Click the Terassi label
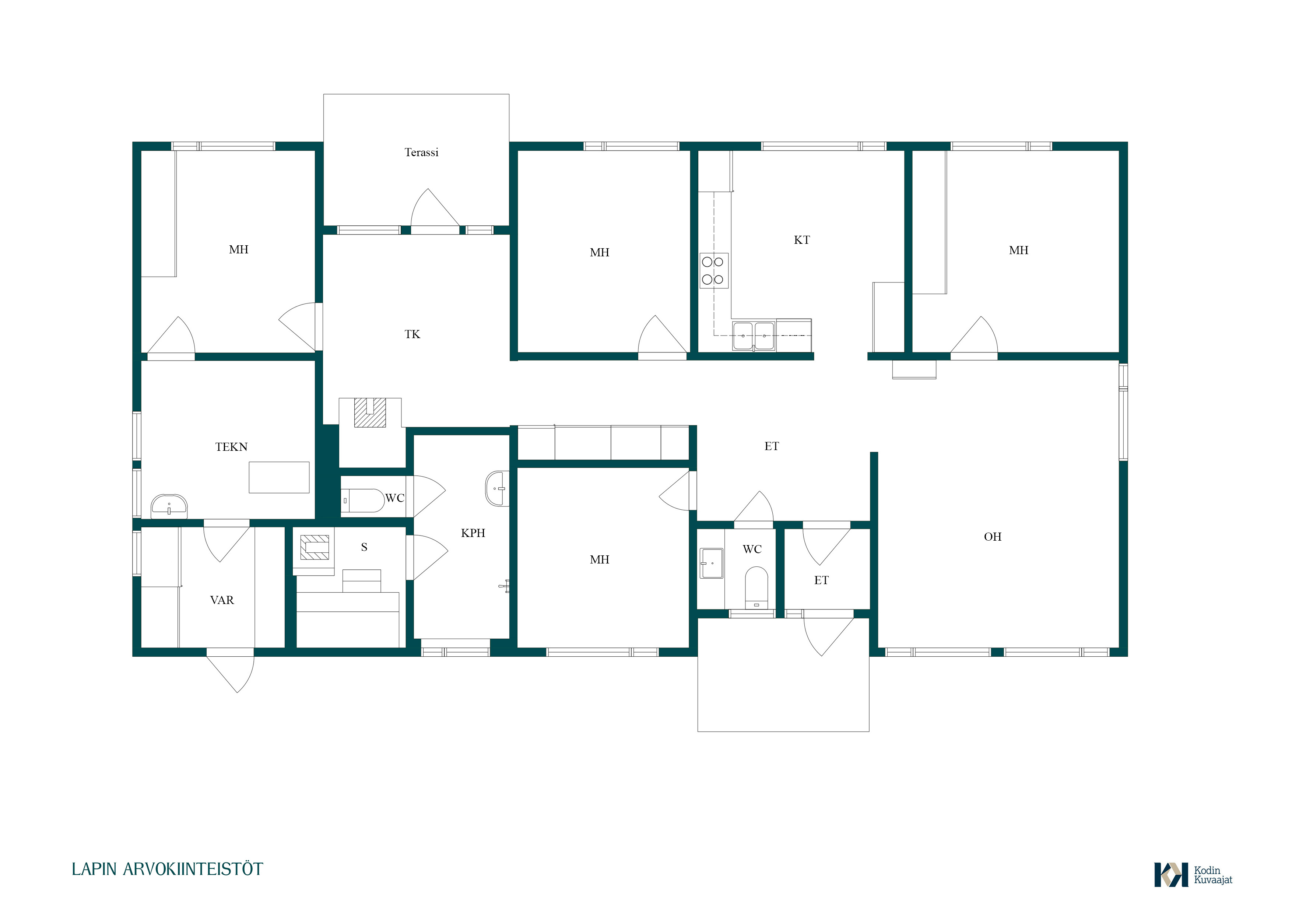421,152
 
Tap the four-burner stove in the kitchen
713,271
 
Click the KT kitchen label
802,240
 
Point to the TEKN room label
231,447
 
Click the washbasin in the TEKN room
169,506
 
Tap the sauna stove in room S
314,547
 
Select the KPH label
473,533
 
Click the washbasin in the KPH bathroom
497,488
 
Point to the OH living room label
993,537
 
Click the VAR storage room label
222,600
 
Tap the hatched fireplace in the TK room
370,412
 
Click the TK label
412,334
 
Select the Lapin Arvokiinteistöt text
167,869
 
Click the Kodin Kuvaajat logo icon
1171,875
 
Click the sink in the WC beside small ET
711,563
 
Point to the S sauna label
364,547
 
